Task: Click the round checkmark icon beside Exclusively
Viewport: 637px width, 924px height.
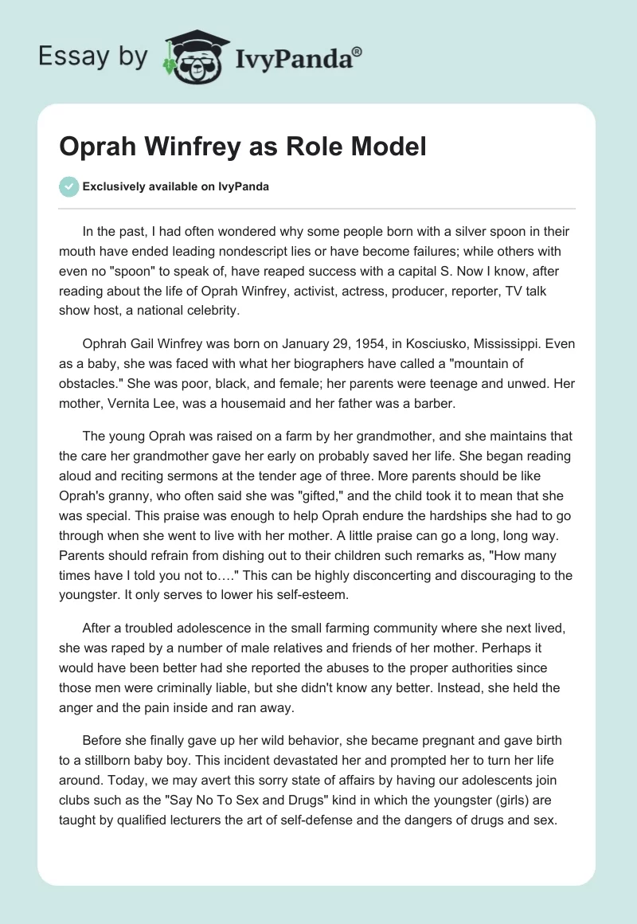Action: (x=68, y=186)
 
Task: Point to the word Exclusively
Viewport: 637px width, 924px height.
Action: (x=113, y=187)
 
